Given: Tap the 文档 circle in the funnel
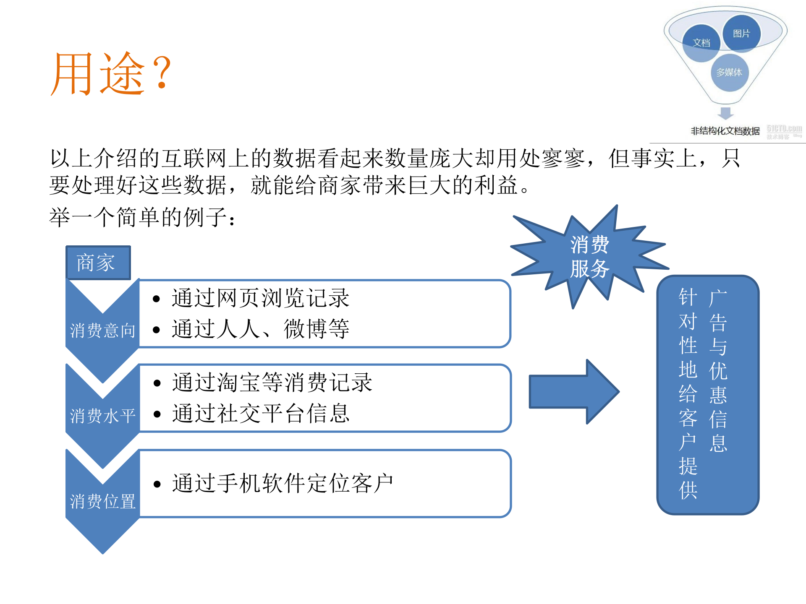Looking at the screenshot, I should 701,43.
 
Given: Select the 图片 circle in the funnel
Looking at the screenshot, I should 741,34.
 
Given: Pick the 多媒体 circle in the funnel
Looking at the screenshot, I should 729,72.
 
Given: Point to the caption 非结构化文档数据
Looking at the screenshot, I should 725,131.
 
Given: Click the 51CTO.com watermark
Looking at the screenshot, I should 784,131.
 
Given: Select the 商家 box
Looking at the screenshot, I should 98,263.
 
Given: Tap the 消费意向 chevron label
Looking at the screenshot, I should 102,331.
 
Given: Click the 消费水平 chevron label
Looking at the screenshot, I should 102,416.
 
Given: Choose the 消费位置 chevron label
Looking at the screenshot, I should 102,501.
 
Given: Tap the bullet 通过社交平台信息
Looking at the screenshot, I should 260,413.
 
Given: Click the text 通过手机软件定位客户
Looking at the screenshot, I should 282,483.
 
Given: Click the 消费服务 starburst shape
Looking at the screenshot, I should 589,257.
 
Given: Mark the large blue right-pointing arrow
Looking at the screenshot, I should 573,392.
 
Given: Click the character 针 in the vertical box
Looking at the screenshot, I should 688,297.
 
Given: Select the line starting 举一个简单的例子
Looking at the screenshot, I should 143,217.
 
